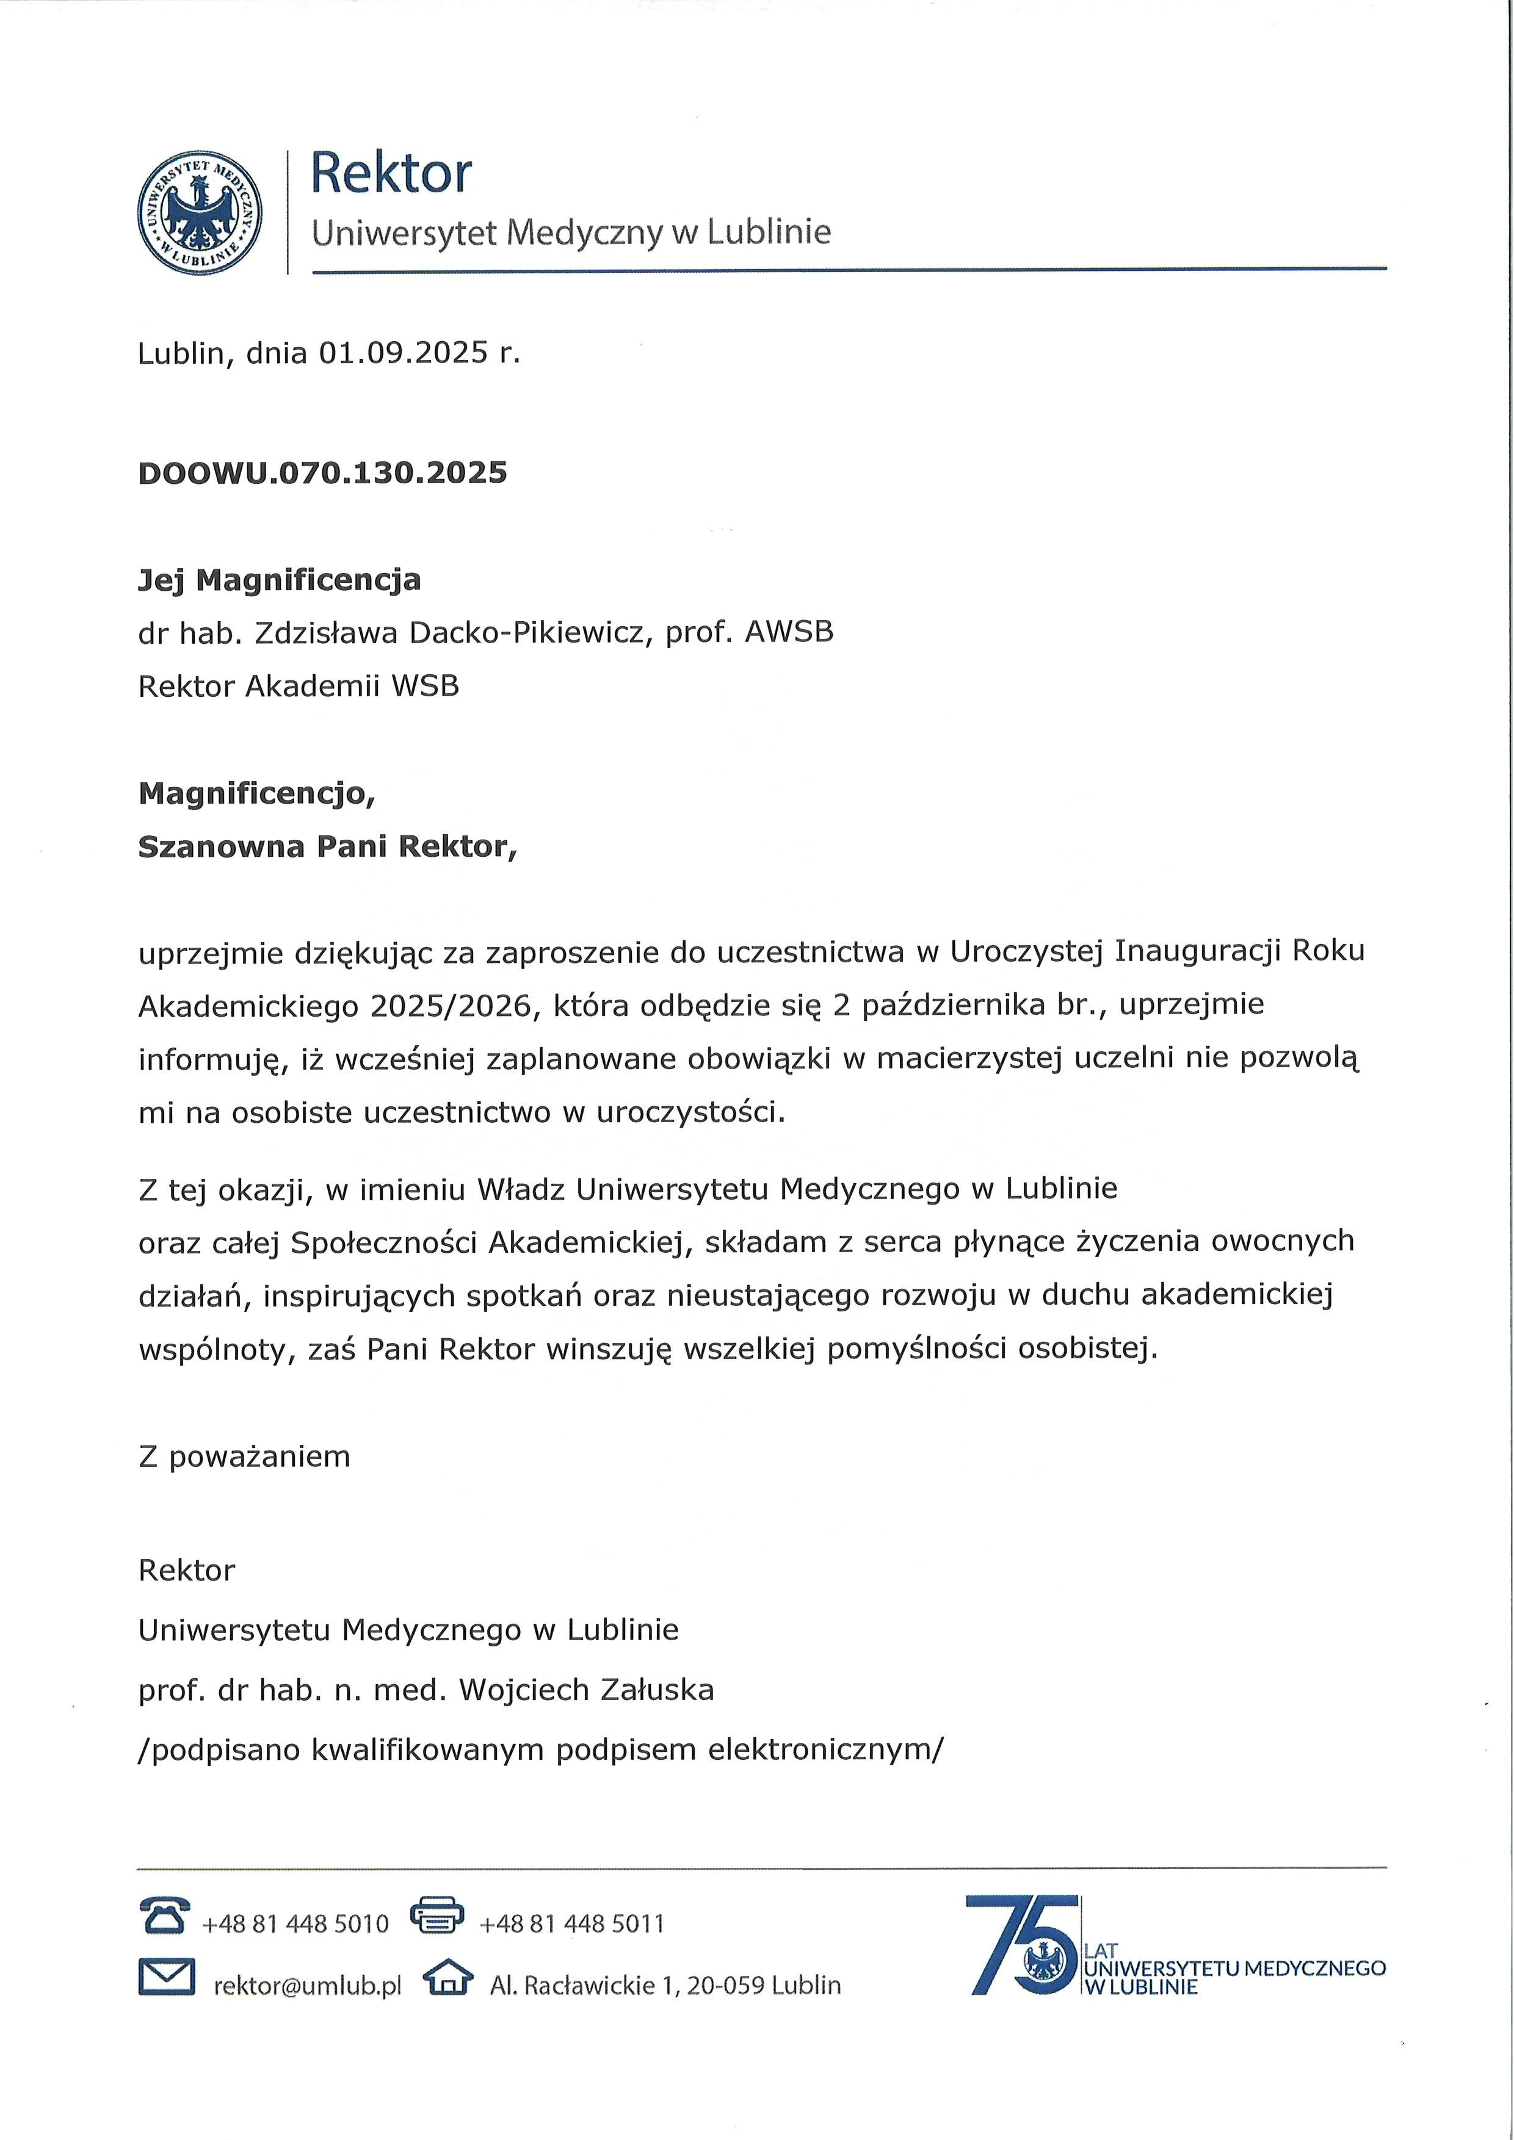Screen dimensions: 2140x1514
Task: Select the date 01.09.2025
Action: [x=404, y=352]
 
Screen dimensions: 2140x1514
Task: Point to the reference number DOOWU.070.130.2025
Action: [x=322, y=472]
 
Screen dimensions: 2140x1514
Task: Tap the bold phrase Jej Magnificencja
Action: [x=280, y=580]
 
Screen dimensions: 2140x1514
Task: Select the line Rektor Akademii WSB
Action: [x=299, y=686]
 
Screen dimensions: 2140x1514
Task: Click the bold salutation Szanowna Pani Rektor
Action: [x=326, y=846]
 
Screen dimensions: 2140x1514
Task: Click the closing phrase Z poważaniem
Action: [x=244, y=1456]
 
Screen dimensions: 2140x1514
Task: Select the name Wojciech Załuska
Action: [x=587, y=1690]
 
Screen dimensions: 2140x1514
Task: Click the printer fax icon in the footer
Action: [x=437, y=1915]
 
